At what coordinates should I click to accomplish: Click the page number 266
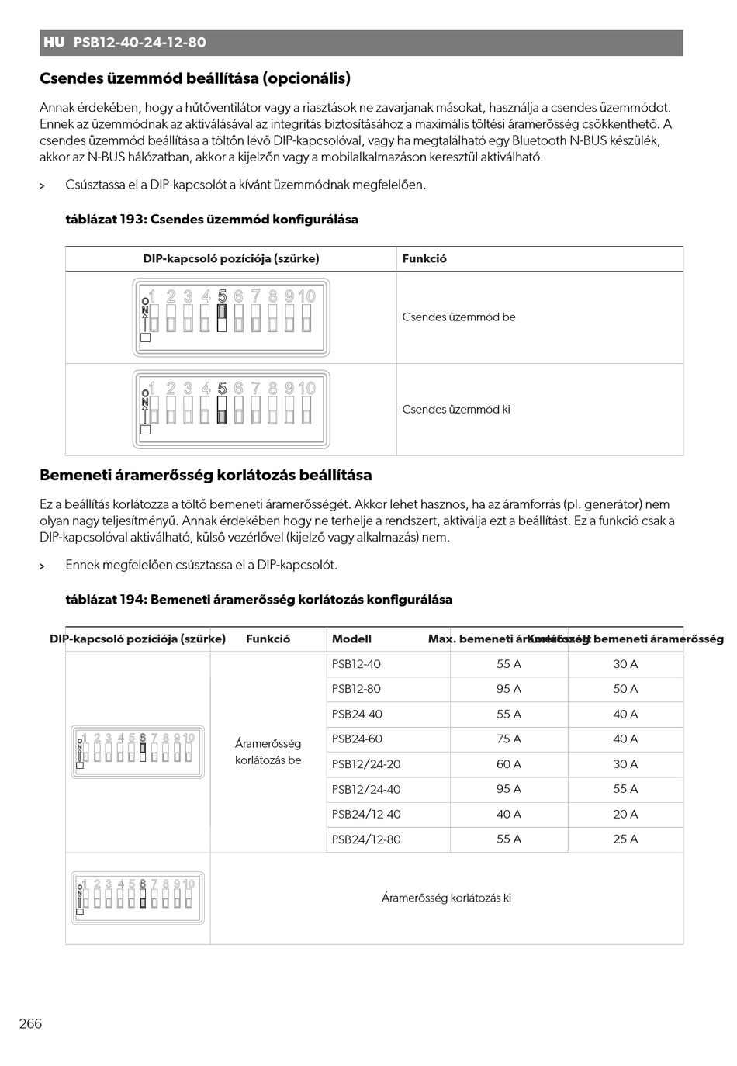point(31,1023)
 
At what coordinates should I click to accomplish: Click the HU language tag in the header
point(54,43)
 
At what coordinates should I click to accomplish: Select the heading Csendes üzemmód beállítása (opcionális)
point(195,78)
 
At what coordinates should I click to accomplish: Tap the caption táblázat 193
point(212,220)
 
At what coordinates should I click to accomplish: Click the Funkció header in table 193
point(424,259)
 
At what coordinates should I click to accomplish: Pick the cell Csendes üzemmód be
point(458,317)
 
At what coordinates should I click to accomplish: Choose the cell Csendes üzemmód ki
point(456,410)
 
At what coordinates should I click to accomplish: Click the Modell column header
point(351,639)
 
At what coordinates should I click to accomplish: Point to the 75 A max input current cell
point(509,739)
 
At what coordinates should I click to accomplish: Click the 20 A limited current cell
point(625,815)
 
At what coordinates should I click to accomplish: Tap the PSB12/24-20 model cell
point(366,764)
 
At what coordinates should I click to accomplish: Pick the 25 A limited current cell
point(625,839)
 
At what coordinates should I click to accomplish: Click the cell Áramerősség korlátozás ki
point(446,898)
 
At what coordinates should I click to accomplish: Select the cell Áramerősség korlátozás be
point(268,752)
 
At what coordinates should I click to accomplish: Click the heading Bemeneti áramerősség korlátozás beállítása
point(206,476)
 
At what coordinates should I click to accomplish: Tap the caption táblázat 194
point(258,600)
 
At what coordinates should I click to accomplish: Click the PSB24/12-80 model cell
point(366,839)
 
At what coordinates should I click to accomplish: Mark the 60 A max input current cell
point(509,764)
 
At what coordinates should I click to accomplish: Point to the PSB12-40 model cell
point(356,664)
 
